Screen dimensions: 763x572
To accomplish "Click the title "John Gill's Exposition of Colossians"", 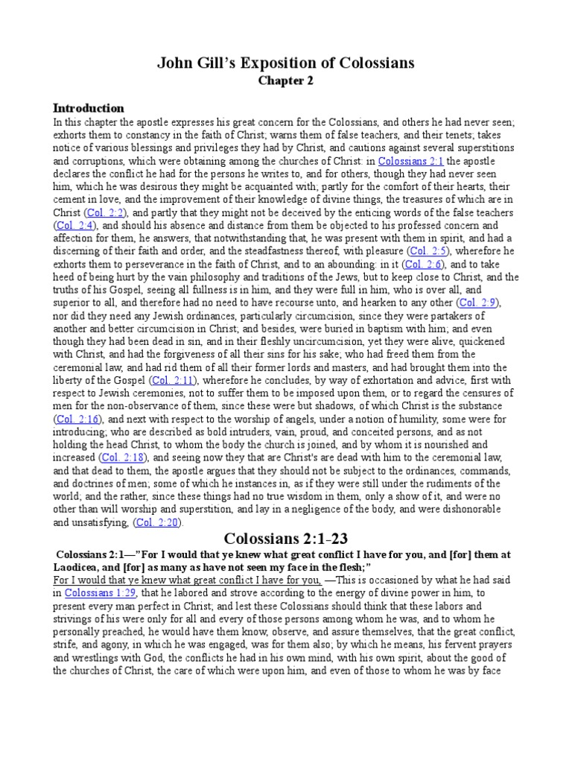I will tap(286, 63).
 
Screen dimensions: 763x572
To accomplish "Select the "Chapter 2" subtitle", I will tap(285, 82).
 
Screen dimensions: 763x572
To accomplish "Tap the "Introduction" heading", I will tap(89, 108).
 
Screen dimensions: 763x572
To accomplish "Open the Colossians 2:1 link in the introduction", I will tap(410, 160).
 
